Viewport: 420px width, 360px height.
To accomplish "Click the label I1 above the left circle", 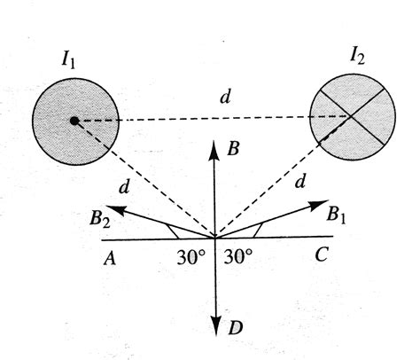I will (68, 63).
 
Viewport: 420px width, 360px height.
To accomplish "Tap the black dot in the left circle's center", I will (74, 120).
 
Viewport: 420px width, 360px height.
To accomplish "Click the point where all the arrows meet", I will (214, 238).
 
